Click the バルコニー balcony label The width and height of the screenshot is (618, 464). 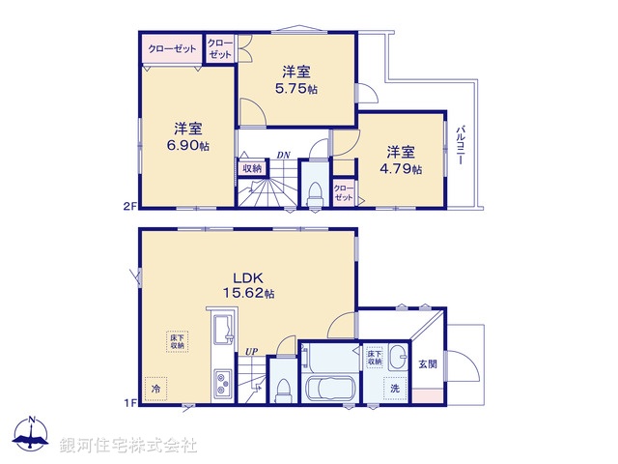(463, 146)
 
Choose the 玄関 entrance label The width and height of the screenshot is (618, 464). (428, 363)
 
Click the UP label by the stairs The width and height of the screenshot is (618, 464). (251, 351)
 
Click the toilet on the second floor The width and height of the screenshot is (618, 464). (313, 192)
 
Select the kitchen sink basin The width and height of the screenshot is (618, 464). (221, 329)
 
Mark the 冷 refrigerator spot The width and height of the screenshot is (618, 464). (154, 388)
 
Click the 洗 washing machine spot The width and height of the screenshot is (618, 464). (396, 389)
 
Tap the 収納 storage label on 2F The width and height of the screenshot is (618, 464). (251, 168)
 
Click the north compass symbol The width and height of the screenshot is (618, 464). (33, 435)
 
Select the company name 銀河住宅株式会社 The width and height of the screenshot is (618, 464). (127, 445)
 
